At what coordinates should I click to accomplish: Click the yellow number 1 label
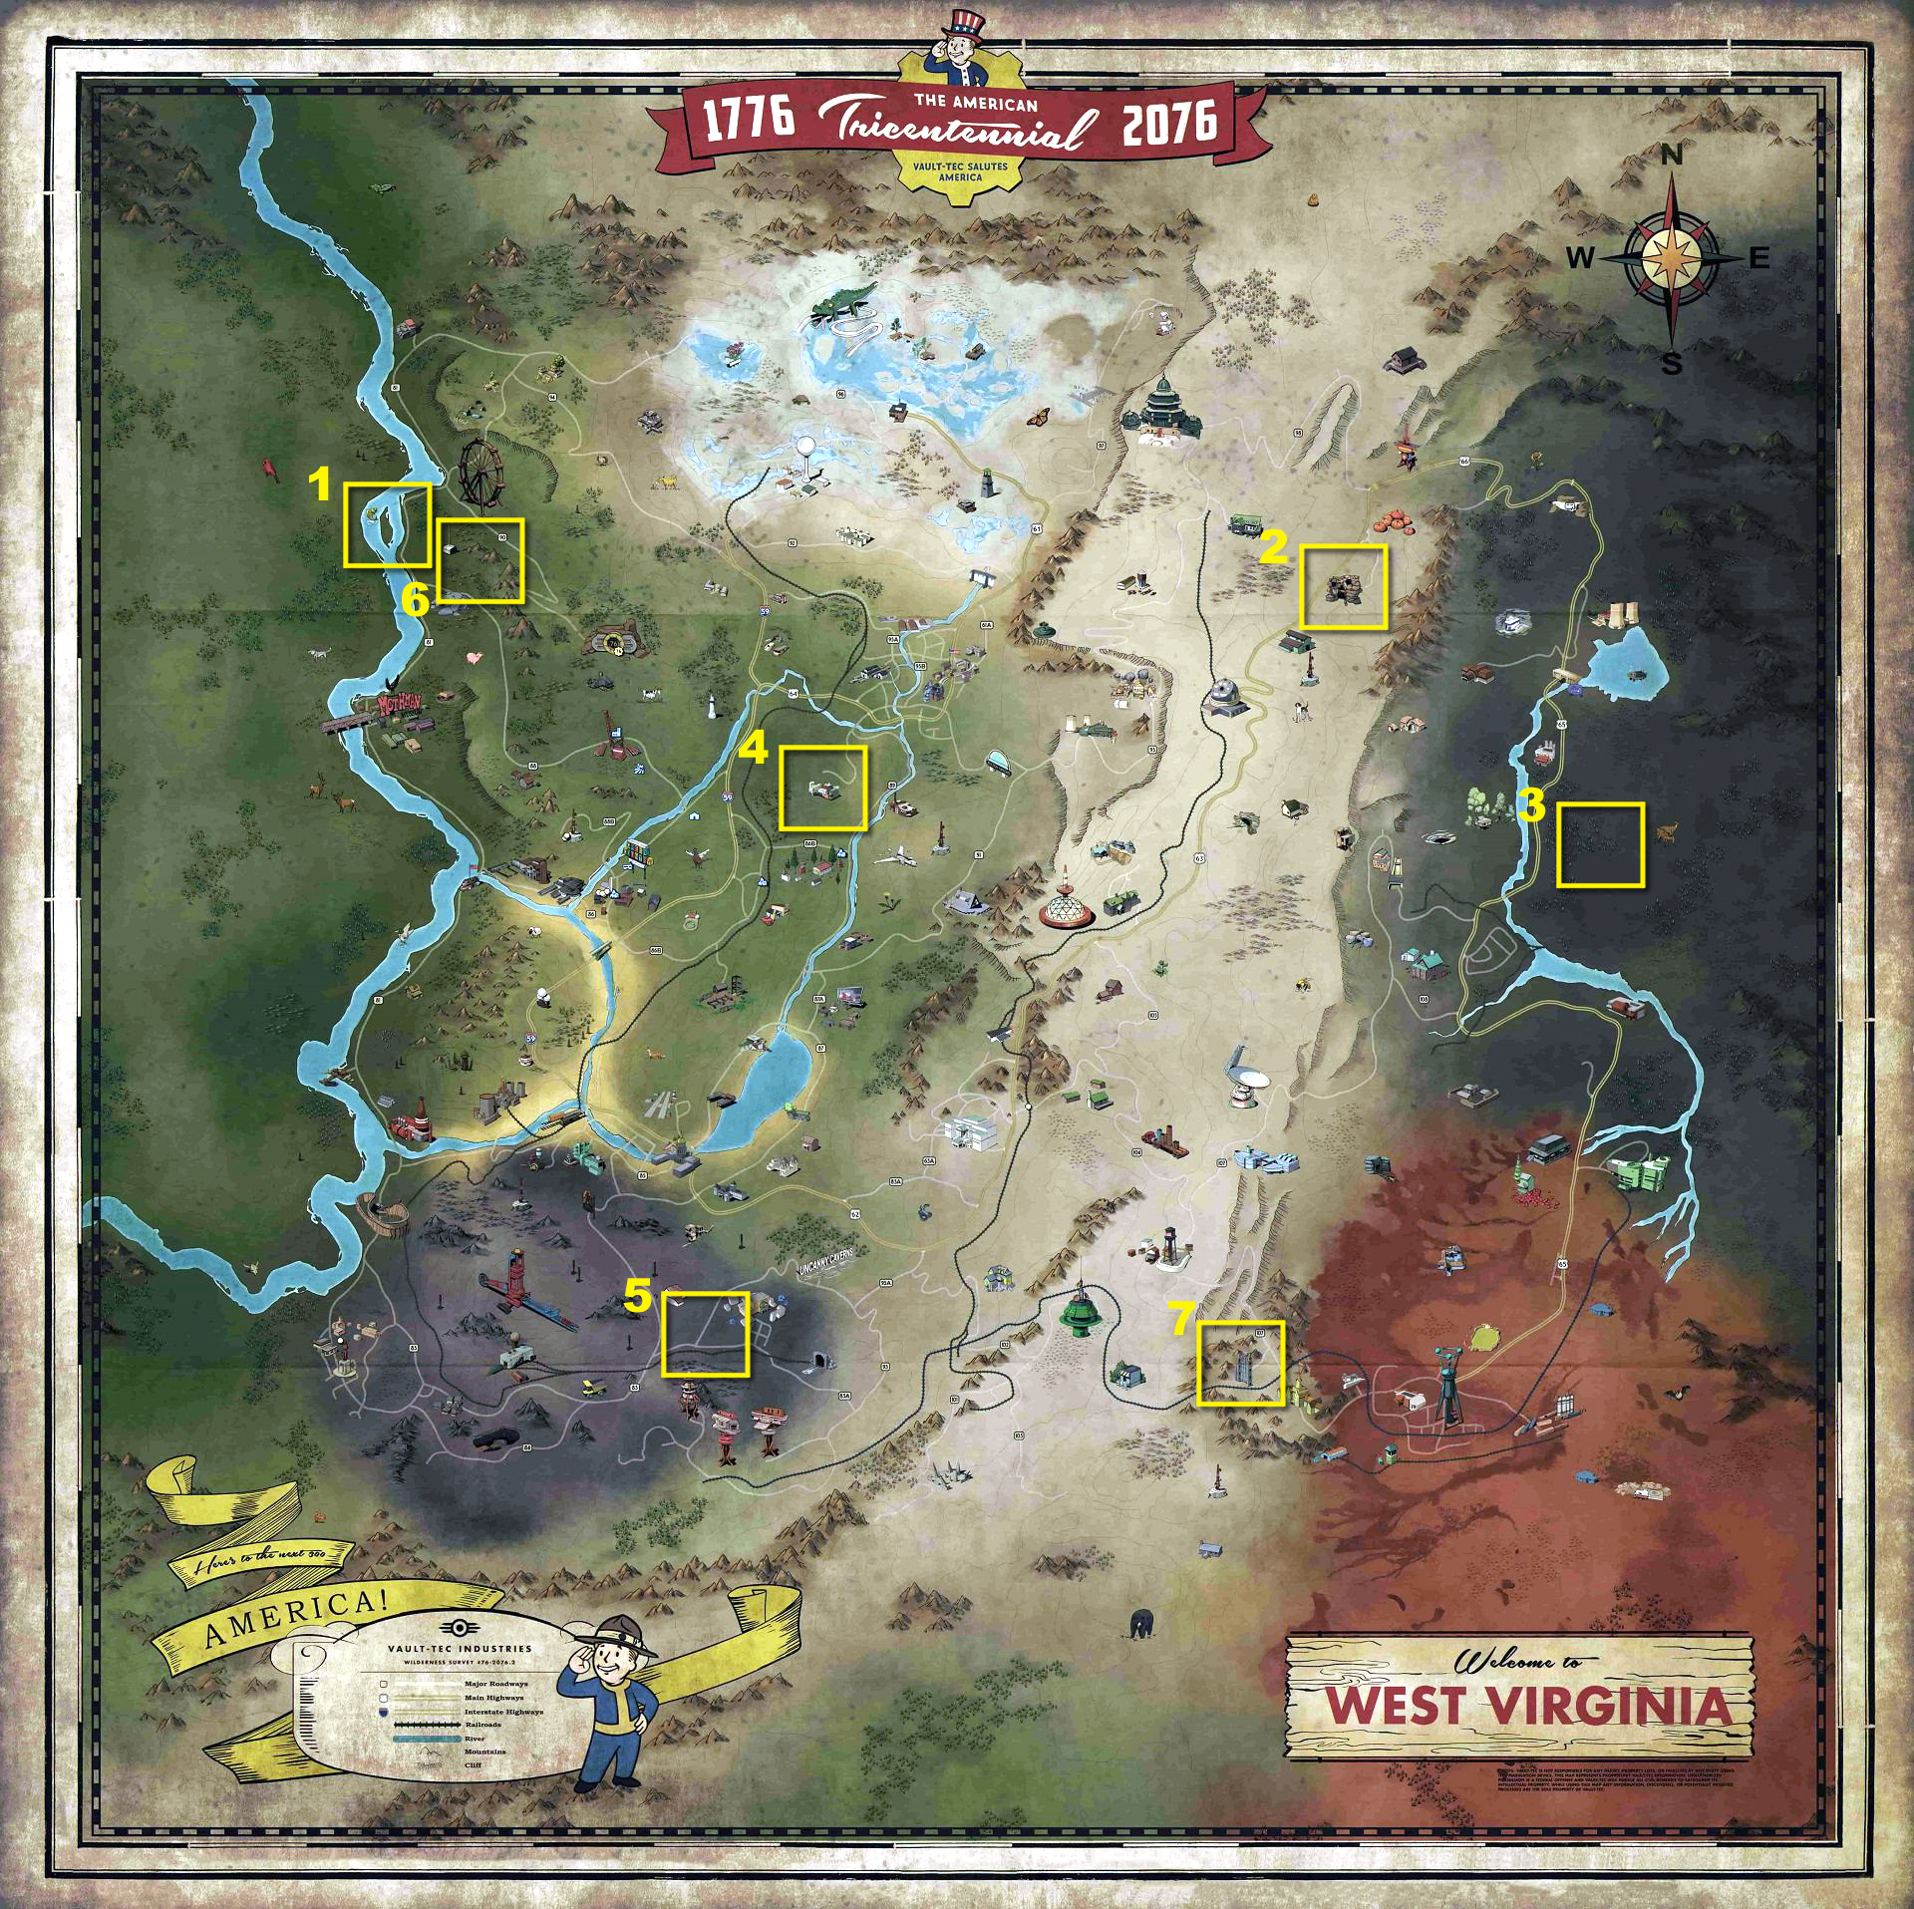pyautogui.click(x=319, y=485)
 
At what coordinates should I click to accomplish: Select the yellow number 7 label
pyautogui.click(x=1181, y=1319)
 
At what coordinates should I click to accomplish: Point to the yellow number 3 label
pyautogui.click(x=1531, y=804)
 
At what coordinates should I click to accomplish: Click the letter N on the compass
pyautogui.click(x=1672, y=156)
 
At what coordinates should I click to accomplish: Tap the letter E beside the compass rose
pyautogui.click(x=1759, y=258)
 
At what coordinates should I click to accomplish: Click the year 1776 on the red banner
pyautogui.click(x=749, y=118)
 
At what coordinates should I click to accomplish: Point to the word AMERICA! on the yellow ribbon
pyautogui.click(x=295, y=1621)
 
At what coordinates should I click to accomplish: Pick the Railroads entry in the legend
pyautogui.click(x=482, y=1724)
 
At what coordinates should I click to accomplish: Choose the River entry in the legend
pyautogui.click(x=474, y=1738)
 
